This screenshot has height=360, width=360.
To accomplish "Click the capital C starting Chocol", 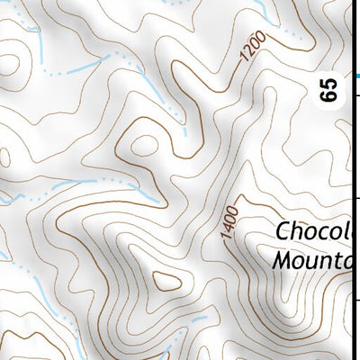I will [x=283, y=231].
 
